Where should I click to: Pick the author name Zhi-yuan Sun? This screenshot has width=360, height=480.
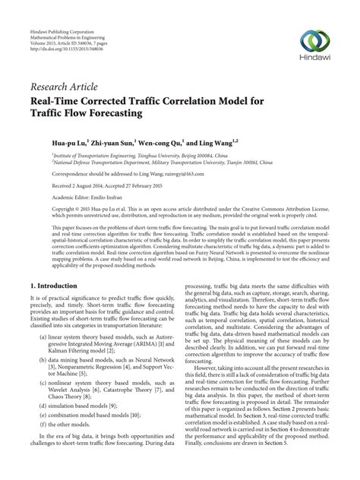pos(115,141)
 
